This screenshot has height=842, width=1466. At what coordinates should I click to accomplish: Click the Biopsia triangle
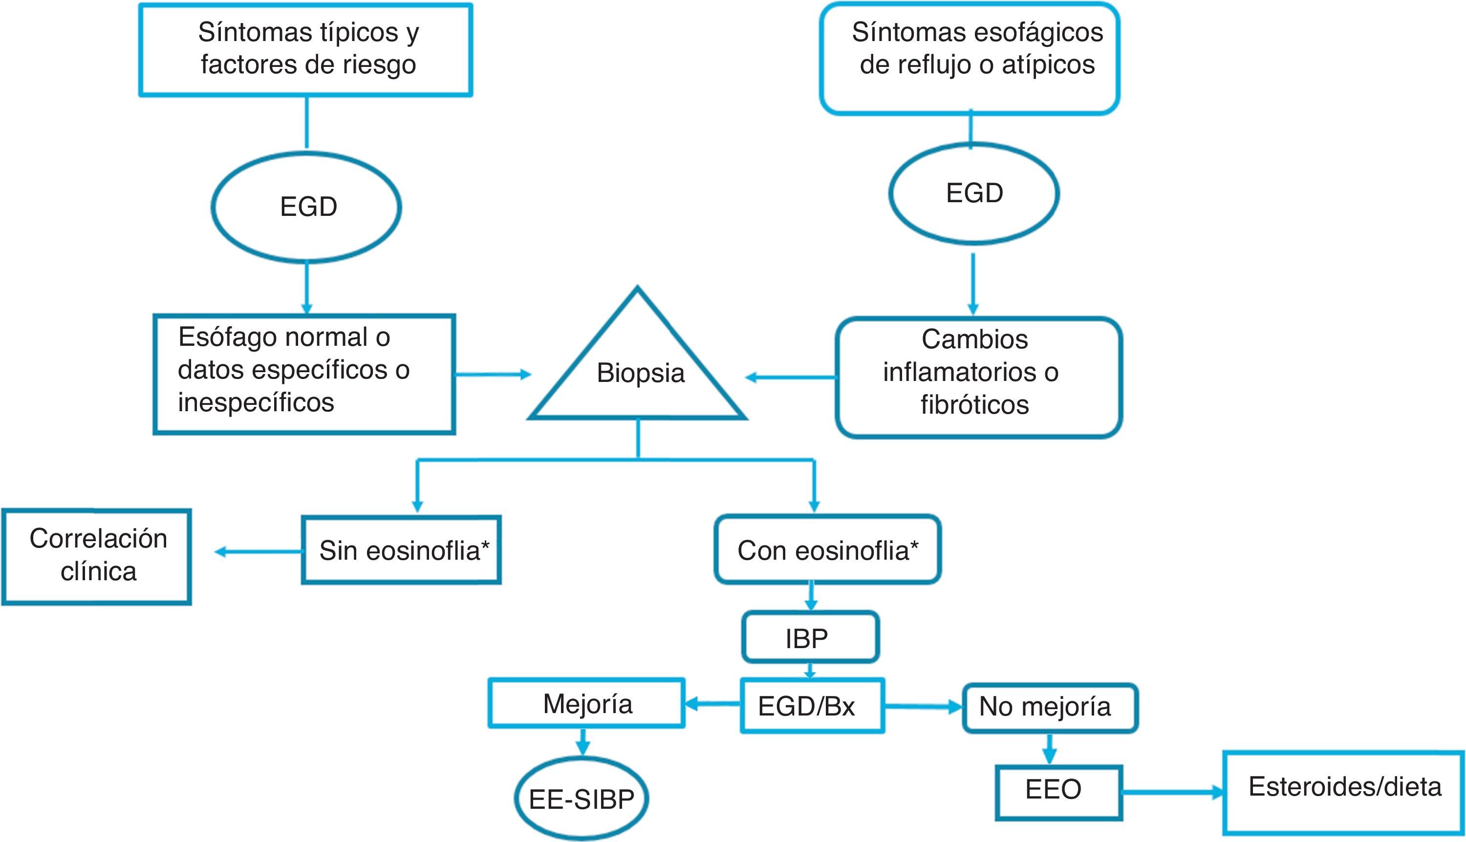pyautogui.click(x=638, y=370)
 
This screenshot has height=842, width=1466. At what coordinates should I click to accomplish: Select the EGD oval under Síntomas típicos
pyautogui.click(x=306, y=207)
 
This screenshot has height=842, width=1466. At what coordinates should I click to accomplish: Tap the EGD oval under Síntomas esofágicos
pyautogui.click(x=974, y=192)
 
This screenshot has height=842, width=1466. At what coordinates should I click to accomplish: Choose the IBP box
pyautogui.click(x=810, y=638)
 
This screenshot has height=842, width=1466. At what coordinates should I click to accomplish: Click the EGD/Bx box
pyautogui.click(x=811, y=706)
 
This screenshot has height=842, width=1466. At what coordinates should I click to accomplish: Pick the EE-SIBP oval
pyautogui.click(x=582, y=799)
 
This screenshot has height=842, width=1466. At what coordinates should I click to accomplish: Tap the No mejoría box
pyautogui.click(x=1050, y=707)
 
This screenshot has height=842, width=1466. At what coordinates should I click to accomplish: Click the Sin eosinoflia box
pyautogui.click(x=402, y=550)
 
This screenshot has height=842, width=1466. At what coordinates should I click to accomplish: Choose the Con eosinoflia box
pyautogui.click(x=827, y=550)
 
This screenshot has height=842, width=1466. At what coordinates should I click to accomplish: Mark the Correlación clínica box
pyautogui.click(x=97, y=556)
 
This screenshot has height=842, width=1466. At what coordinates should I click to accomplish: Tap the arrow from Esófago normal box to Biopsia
pyautogui.click(x=493, y=375)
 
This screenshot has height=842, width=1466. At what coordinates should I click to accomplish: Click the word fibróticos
pyautogui.click(x=975, y=404)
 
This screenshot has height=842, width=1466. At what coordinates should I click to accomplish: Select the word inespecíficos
pyautogui.click(x=256, y=402)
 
